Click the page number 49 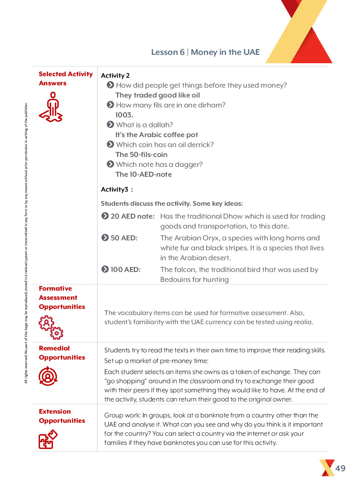tap(340, 468)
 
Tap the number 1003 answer tap(124, 115)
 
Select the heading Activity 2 tap(115, 75)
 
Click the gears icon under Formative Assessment tap(51, 327)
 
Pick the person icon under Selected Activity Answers tap(51, 107)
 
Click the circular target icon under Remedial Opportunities tap(48, 376)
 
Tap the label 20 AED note tap(132, 216)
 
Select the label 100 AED tap(125, 270)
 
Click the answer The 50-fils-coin tap(141, 155)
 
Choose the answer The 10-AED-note tap(144, 174)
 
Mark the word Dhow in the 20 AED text tap(234, 216)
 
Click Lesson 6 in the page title tap(168, 52)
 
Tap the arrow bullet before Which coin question tap(110, 144)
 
